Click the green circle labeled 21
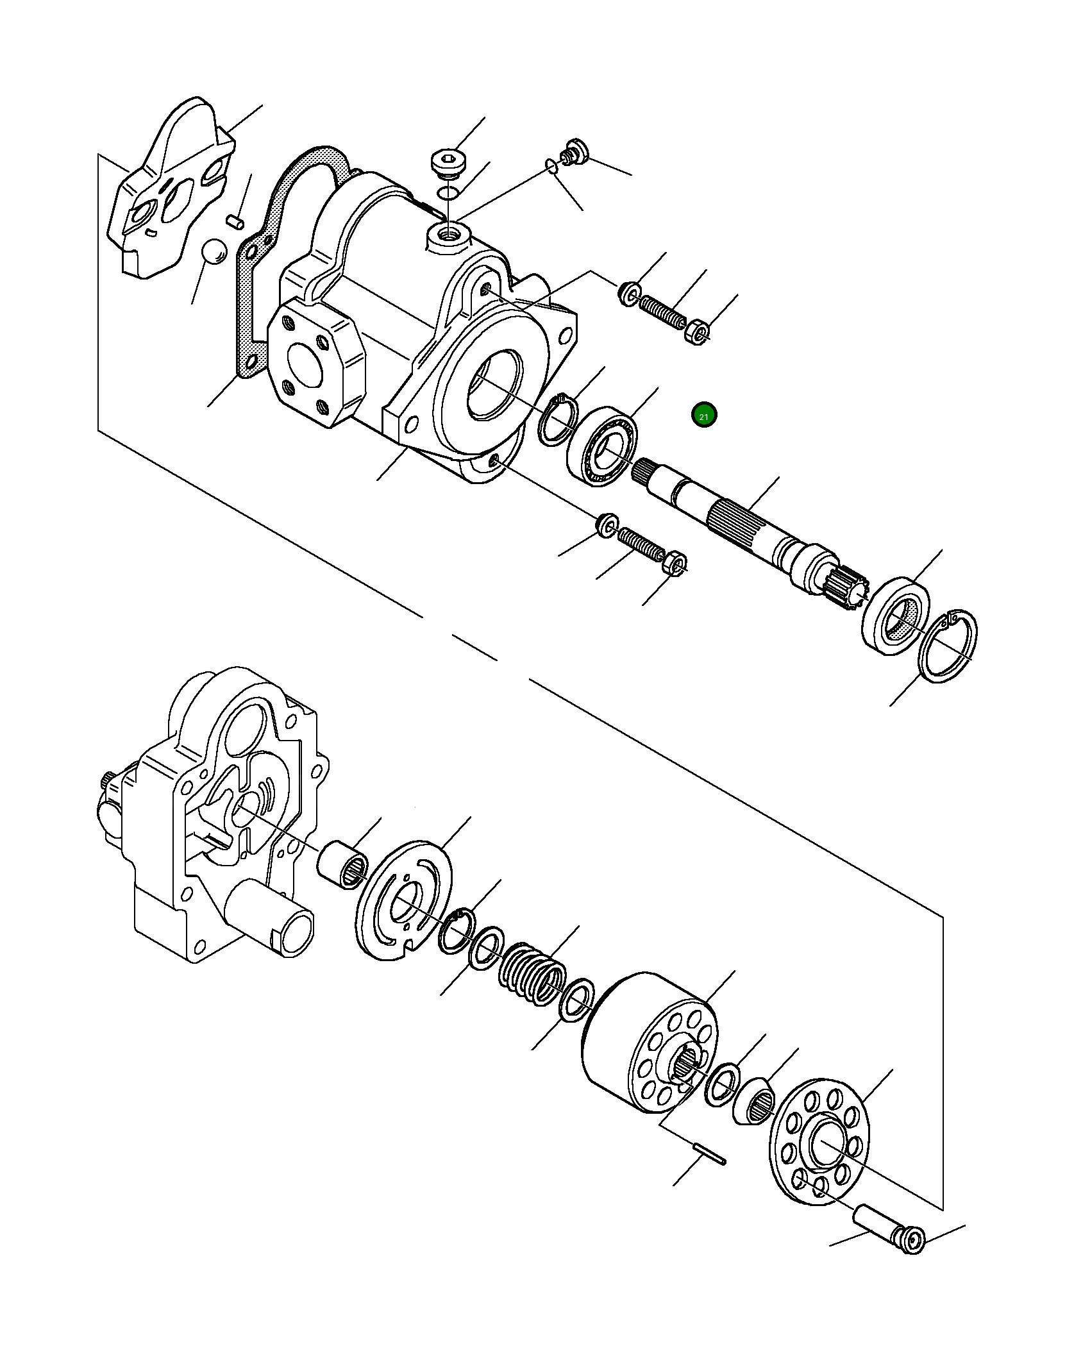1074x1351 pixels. pos(703,415)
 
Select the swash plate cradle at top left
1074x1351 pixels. pos(170,192)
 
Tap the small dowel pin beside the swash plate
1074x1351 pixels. pos(236,221)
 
